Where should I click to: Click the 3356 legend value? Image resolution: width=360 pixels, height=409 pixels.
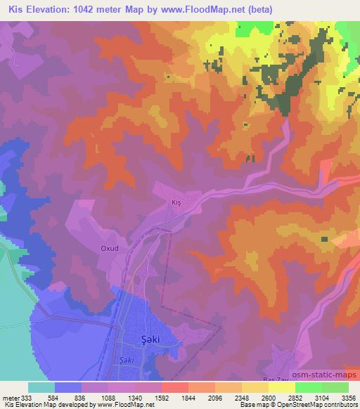click(x=349, y=397)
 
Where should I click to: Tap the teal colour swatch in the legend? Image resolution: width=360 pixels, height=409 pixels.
click(x=41, y=387)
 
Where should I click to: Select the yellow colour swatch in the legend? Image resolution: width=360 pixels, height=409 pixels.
click(x=281, y=387)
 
